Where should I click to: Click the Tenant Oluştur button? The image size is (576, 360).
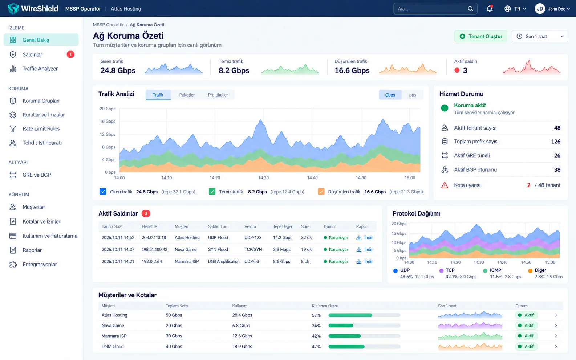click(x=480, y=36)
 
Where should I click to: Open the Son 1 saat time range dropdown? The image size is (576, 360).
click(x=540, y=36)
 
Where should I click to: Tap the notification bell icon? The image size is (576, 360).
click(x=489, y=8)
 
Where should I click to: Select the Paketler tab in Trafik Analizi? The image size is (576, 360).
click(x=187, y=95)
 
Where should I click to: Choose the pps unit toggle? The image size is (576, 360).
click(x=413, y=95)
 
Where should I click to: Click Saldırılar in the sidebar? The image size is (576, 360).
click(x=32, y=54)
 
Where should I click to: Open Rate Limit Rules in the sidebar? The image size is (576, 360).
click(x=41, y=129)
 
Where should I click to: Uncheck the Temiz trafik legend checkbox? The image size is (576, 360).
click(x=212, y=192)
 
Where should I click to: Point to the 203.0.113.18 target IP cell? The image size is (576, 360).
click(x=154, y=237)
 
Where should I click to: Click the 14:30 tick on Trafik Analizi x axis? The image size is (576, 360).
click(x=263, y=177)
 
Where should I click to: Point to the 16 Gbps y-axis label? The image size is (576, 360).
click(x=108, y=121)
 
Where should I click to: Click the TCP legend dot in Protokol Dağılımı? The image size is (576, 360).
click(x=441, y=271)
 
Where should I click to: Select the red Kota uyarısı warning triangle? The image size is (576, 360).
click(x=445, y=185)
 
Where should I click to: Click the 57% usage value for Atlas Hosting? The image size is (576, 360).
click(x=316, y=315)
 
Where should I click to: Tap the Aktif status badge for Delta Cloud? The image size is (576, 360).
click(x=526, y=347)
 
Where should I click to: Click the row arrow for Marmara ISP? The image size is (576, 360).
click(x=556, y=336)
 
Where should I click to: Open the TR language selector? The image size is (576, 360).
click(x=515, y=9)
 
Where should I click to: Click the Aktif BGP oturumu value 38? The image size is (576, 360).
click(x=557, y=169)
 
